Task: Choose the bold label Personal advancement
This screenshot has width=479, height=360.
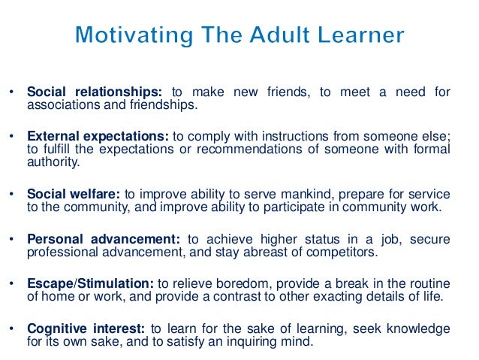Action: click(103, 239)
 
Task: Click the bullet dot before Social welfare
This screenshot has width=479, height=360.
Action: click(12, 192)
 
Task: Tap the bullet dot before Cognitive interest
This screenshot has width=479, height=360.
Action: click(12, 328)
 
